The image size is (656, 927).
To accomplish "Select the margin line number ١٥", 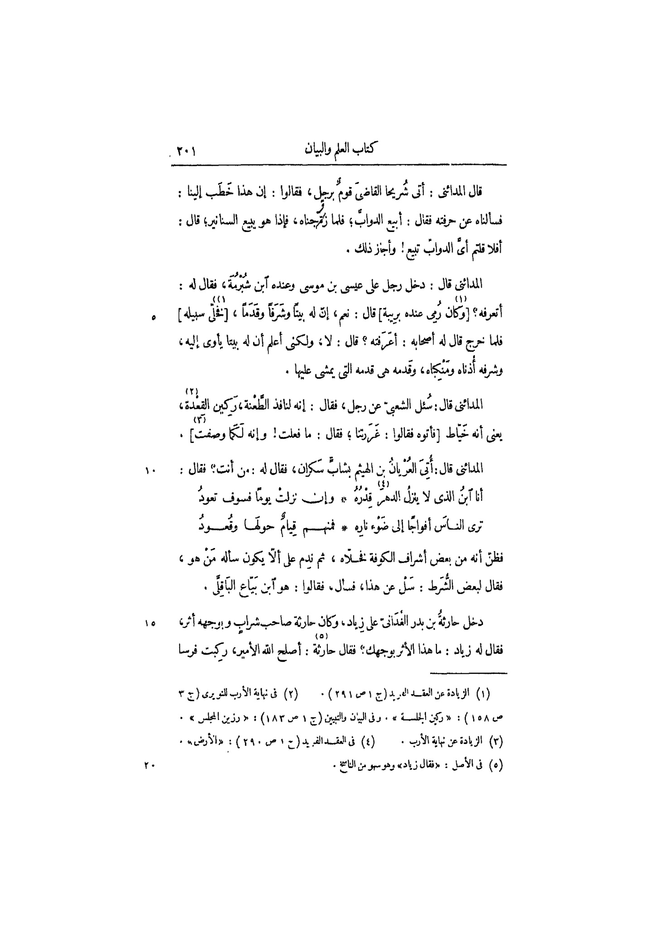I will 150,624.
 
